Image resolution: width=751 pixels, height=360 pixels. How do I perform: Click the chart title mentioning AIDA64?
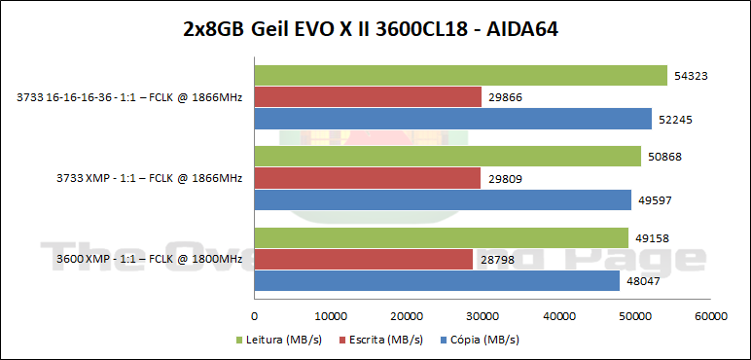pyautogui.click(x=375, y=30)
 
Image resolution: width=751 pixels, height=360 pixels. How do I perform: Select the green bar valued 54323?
pyautogui.click(x=460, y=75)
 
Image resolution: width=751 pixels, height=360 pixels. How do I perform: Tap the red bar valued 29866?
pyautogui.click(x=368, y=97)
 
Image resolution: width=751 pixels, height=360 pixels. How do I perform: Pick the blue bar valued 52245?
pyautogui.click(x=452, y=120)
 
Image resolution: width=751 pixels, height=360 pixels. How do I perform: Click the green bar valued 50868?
pyautogui.click(x=447, y=156)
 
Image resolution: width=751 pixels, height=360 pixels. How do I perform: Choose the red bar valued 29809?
pyautogui.click(x=368, y=178)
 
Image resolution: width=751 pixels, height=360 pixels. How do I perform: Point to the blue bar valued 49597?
pyautogui.click(x=443, y=200)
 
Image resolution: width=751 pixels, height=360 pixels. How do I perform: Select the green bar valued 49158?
pyautogui.click(x=441, y=236)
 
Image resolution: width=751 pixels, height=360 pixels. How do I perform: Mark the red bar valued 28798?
pyautogui.click(x=364, y=259)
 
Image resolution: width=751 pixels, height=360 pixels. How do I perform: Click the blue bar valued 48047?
pyautogui.click(x=437, y=281)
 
